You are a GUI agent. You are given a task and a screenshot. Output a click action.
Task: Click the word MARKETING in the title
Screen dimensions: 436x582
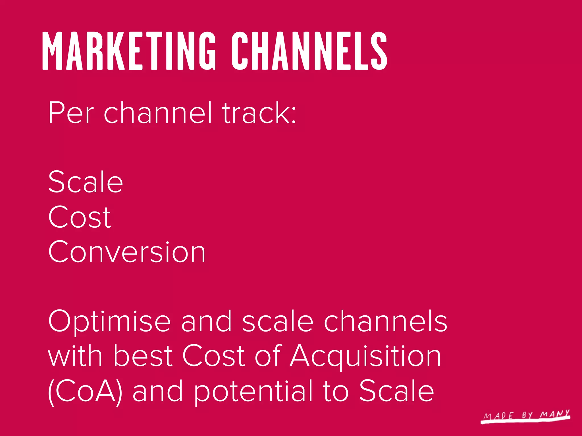129,51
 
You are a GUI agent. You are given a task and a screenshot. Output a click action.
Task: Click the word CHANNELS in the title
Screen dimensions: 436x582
309,51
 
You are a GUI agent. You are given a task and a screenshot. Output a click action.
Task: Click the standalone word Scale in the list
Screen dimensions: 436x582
86,182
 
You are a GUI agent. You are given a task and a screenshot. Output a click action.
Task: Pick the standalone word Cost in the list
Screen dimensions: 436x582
80,217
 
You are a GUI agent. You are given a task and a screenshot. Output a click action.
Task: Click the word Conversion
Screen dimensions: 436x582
127,252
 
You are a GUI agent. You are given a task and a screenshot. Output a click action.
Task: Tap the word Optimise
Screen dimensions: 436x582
109,322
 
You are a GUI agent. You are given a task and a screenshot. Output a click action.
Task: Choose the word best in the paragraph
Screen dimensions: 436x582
143,356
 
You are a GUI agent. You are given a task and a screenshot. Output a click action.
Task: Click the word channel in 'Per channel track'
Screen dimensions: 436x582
158,113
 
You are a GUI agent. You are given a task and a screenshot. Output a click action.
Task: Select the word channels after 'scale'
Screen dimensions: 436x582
386,322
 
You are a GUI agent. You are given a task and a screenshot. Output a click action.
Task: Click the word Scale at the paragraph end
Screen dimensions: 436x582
397,391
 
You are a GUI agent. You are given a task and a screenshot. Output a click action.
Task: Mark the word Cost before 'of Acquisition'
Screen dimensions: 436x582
213,356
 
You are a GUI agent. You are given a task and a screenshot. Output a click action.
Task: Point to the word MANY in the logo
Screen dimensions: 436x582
555,414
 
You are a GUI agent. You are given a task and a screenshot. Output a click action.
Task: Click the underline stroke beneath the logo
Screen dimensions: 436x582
526,422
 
